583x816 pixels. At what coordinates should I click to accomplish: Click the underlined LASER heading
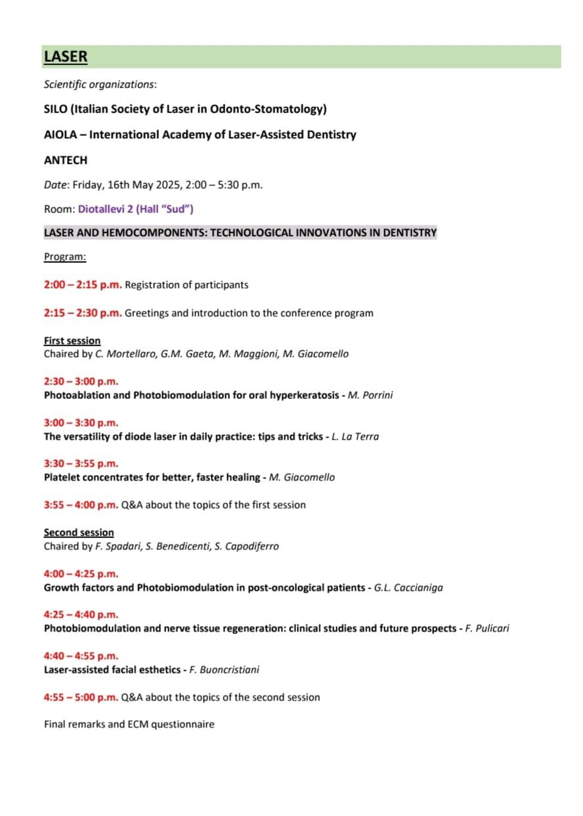pyautogui.click(x=65, y=57)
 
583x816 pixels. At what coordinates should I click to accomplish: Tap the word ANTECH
pyautogui.click(x=65, y=160)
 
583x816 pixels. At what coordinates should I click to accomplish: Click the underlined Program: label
pyautogui.click(x=64, y=256)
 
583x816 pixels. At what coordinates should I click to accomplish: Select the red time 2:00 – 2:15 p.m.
pyautogui.click(x=83, y=285)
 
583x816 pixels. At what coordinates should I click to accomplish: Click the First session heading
pyautogui.click(x=72, y=340)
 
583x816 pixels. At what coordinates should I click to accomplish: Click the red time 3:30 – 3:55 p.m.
pyautogui.click(x=81, y=464)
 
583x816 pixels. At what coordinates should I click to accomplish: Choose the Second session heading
pyautogui.click(x=79, y=532)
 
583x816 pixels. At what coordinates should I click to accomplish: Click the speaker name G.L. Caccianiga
pyautogui.click(x=408, y=587)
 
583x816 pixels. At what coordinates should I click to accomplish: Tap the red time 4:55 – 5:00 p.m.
pyautogui.click(x=81, y=697)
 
